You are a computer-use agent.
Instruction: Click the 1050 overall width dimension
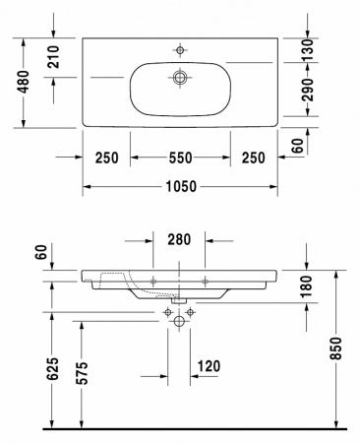tap(180, 185)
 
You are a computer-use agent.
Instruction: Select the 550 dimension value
tap(180, 158)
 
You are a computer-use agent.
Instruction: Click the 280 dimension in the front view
tap(180, 239)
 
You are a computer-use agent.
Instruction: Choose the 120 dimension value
tap(208, 367)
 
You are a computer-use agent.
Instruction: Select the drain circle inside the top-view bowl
tap(180, 77)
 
